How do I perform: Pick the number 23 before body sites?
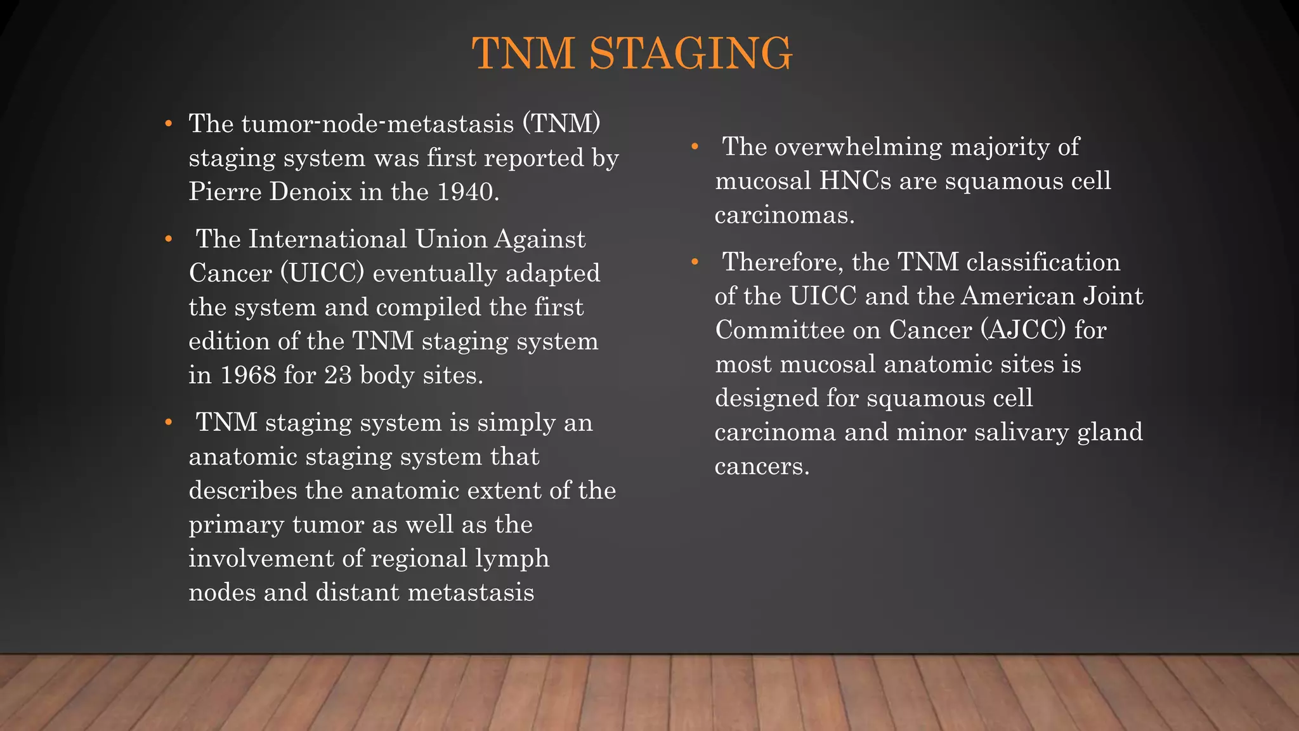338,375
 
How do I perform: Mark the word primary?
237,525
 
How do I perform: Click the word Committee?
798,330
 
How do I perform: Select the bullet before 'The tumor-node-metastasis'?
168,123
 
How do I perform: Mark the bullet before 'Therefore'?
695,262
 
